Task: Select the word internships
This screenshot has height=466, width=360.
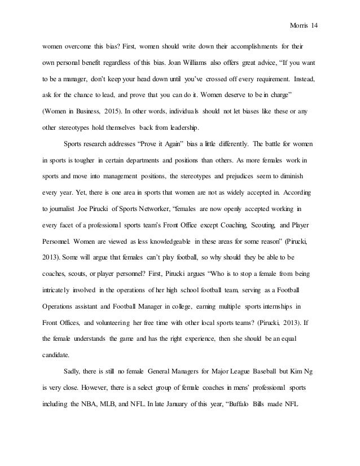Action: [x=265, y=307]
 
